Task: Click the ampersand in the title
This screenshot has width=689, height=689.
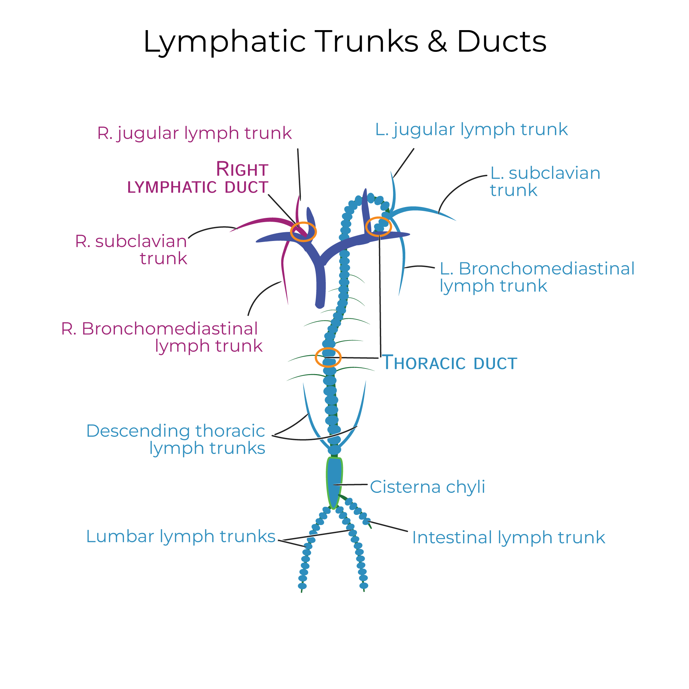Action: pyautogui.click(x=437, y=41)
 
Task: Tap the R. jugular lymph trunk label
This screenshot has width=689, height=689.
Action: pyautogui.click(x=194, y=133)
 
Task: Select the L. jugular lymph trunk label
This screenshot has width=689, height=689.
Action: pyautogui.click(x=471, y=130)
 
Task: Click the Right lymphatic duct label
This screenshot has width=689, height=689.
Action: pyautogui.click(x=198, y=178)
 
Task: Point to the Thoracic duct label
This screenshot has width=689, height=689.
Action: pyautogui.click(x=449, y=363)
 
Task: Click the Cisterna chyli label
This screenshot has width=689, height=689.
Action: pyautogui.click(x=427, y=487)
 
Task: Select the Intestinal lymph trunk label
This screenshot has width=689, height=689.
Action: pyautogui.click(x=508, y=538)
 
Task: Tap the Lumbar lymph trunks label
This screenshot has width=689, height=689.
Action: pyautogui.click(x=180, y=536)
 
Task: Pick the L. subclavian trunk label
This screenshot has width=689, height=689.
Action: pyautogui.click(x=545, y=182)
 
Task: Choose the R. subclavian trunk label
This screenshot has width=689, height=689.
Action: pyautogui.click(x=131, y=250)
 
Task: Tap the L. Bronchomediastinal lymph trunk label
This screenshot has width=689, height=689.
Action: pyautogui.click(x=537, y=277)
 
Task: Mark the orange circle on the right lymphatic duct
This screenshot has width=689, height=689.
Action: pyautogui.click(x=303, y=232)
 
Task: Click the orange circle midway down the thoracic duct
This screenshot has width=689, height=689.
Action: pyautogui.click(x=328, y=357)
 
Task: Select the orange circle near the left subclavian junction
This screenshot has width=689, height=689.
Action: pyautogui.click(x=378, y=227)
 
